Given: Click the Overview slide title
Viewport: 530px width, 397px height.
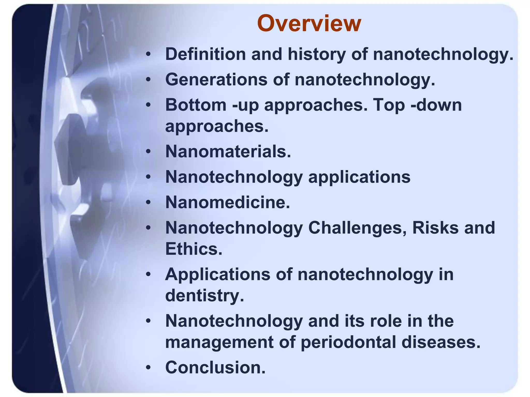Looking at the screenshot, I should click(x=309, y=24).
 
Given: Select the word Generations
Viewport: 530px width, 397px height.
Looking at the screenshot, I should click(x=216, y=79).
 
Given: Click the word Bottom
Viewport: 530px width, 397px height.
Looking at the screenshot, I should click(x=196, y=105).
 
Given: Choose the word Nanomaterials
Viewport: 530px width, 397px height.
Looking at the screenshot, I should click(x=228, y=151).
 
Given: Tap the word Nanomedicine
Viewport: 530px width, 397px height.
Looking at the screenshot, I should click(x=227, y=202).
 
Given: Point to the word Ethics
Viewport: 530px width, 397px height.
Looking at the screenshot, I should click(x=194, y=249).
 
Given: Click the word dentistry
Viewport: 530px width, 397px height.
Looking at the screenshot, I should click(x=204, y=295).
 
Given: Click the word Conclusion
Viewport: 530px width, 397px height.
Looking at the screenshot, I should click(x=215, y=367).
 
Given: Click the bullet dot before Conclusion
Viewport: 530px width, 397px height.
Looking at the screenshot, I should click(x=148, y=367).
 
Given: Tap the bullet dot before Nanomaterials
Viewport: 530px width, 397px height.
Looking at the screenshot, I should click(x=148, y=151).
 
